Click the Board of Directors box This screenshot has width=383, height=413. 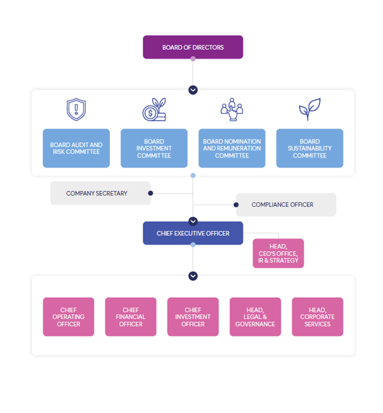coord(193,47)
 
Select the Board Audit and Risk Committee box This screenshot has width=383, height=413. coord(76,148)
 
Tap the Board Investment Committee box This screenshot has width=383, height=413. coord(154,148)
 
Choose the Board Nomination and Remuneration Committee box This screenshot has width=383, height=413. coord(232,148)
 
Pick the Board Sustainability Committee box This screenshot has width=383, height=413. coord(309,148)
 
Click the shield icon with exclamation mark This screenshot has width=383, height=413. coord(76,109)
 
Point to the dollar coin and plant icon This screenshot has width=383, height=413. coord(154,109)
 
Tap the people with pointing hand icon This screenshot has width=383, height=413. coord(232,109)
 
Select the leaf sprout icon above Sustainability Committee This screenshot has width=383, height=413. coord(309,109)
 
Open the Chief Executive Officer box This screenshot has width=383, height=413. coord(193,233)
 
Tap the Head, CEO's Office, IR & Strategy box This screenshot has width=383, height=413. coord(278,253)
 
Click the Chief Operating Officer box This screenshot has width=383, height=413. coord(69,317)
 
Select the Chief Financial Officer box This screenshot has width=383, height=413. coord(131,317)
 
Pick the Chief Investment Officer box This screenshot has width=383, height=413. coord(193,317)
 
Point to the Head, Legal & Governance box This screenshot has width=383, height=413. coord(255,317)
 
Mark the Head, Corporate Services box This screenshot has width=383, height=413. coord(317,317)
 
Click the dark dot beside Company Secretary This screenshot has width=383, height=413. coord(151,193)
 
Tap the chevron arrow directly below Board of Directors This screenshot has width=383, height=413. coord(193,90)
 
